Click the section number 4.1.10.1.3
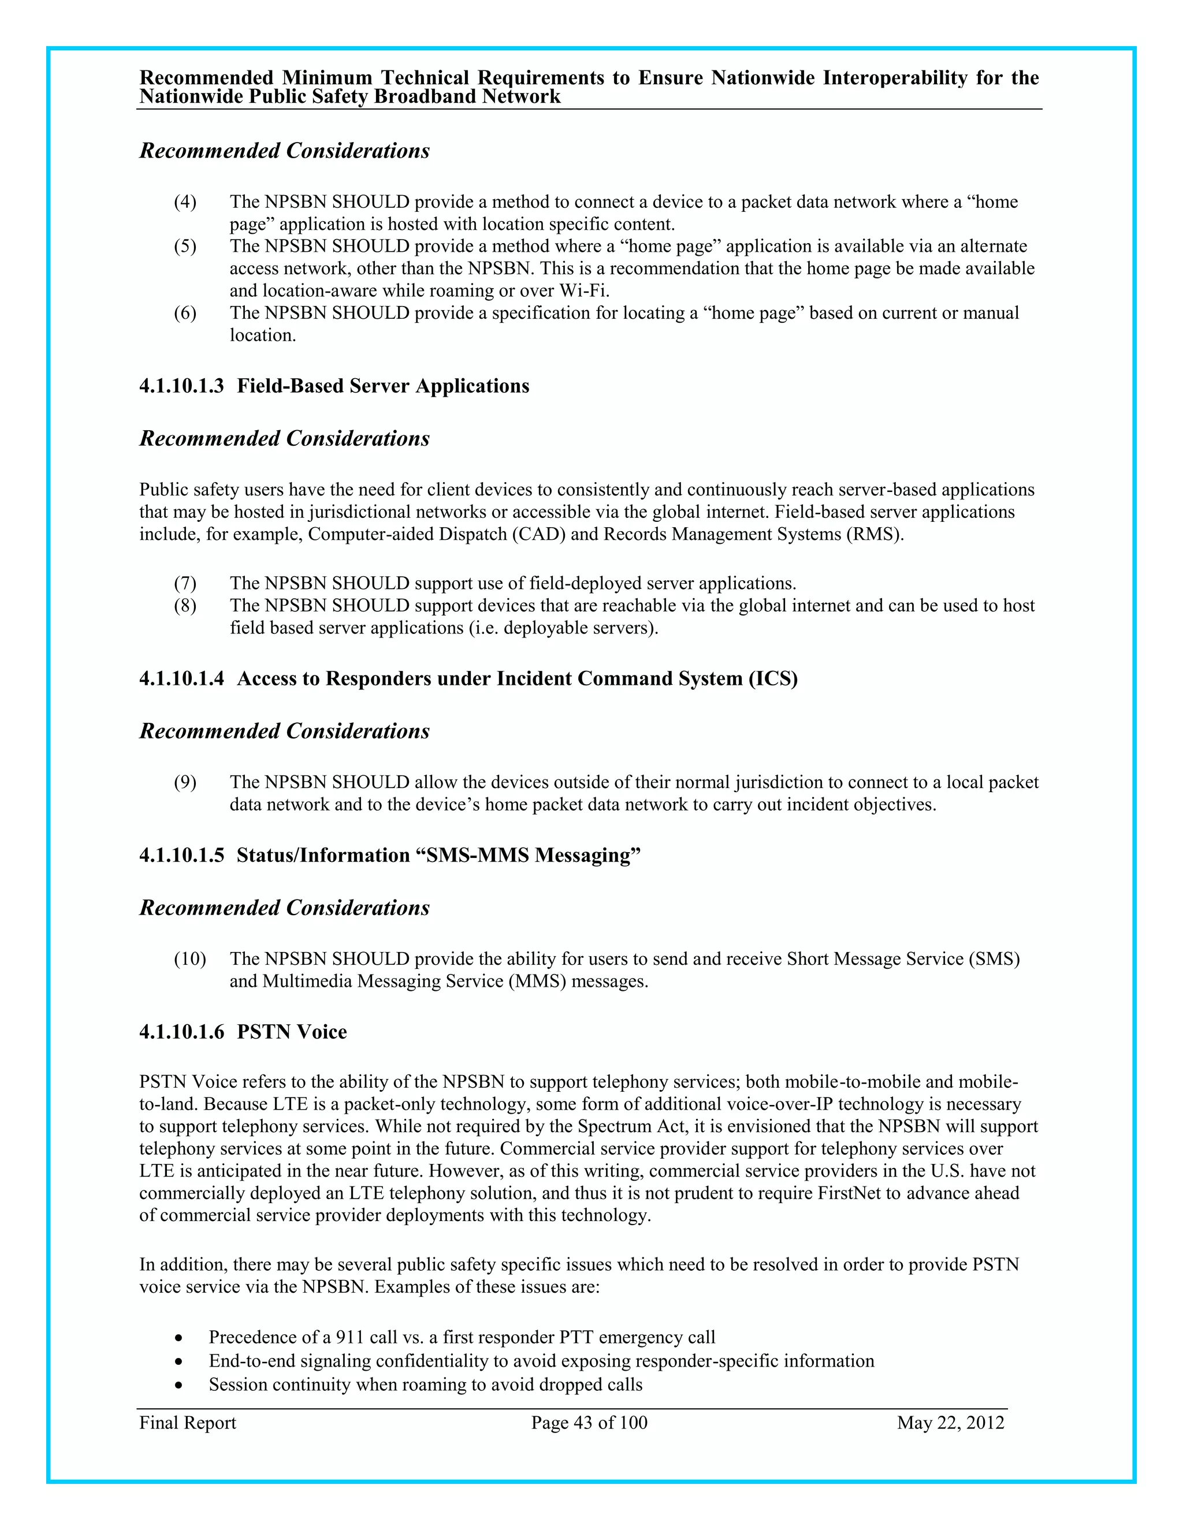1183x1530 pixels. pyautogui.click(x=181, y=386)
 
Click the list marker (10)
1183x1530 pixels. pyautogui.click(x=190, y=958)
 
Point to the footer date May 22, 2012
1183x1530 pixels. pyautogui.click(x=950, y=1423)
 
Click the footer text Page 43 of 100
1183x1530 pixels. pyautogui.click(x=589, y=1423)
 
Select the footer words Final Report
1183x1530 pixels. pyautogui.click(x=188, y=1423)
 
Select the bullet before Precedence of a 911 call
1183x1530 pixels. pyautogui.click(x=180, y=1338)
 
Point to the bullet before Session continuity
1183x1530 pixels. pyautogui.click(x=180, y=1385)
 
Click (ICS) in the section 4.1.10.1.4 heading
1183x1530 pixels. pyautogui.click(x=773, y=679)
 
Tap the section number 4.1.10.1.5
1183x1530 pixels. pyautogui.click(x=181, y=856)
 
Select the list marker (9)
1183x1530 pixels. pyautogui.click(x=185, y=782)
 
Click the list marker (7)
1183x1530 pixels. pyautogui.click(x=185, y=583)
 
